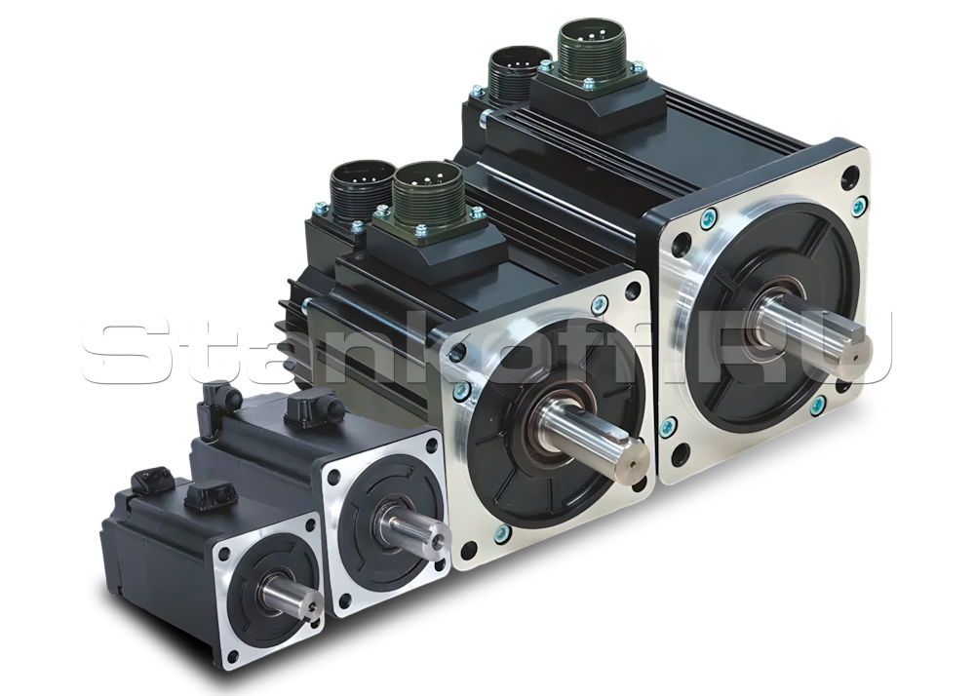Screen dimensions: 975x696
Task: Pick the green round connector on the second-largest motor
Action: click(427, 189)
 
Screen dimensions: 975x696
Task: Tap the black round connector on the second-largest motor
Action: click(358, 186)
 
